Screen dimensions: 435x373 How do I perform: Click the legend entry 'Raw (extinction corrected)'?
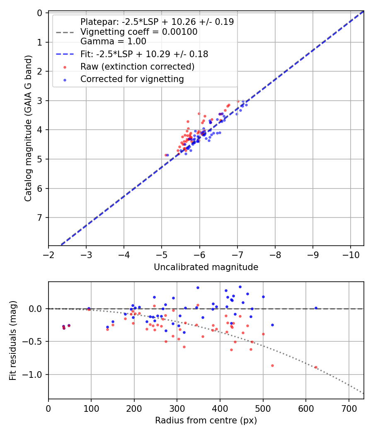pos(137,67)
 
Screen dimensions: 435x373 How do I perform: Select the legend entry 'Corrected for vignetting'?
pos(132,79)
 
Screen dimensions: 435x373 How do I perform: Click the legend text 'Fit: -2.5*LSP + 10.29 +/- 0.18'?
pos(144,54)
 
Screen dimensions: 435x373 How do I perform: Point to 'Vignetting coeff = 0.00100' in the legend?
pos(138,32)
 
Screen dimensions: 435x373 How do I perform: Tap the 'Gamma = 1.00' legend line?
pos(113,41)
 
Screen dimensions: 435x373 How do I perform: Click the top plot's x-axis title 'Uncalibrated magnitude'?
pos(206,267)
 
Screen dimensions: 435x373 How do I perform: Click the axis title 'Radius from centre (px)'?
pos(206,420)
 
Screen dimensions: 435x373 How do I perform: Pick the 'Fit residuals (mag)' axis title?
pos(13,341)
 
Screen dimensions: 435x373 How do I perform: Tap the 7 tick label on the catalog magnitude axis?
pos(40,218)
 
